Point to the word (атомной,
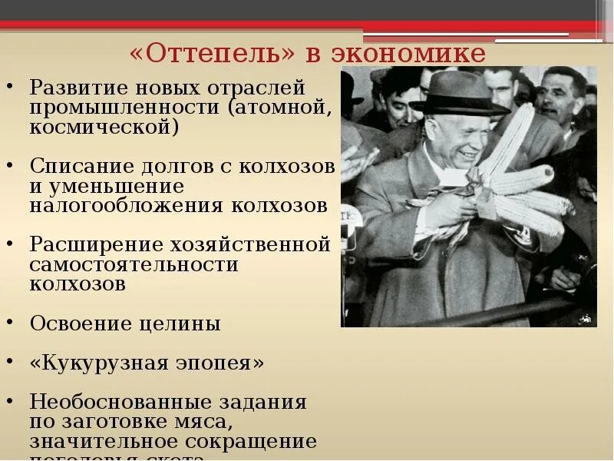click(x=280, y=107)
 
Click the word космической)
click(x=105, y=127)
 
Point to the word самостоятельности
click(x=134, y=265)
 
